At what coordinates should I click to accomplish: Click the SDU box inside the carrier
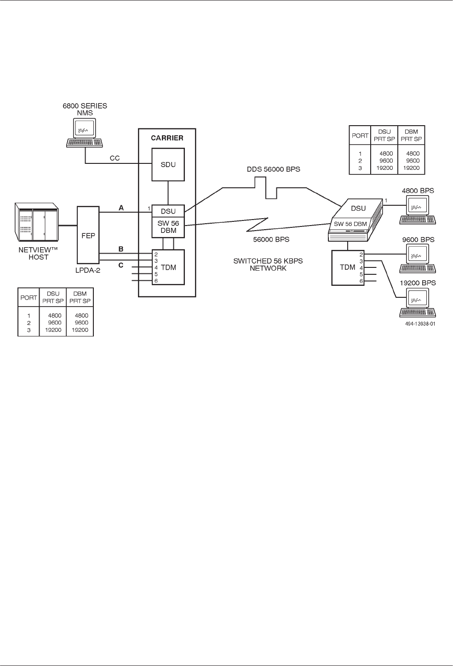click(x=168, y=164)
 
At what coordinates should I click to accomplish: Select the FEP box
click(x=88, y=236)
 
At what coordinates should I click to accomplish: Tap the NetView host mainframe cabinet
click(x=36, y=222)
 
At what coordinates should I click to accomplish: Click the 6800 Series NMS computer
click(x=85, y=133)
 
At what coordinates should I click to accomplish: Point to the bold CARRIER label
click(x=167, y=138)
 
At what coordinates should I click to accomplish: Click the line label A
click(x=121, y=208)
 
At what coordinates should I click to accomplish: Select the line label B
click(x=121, y=249)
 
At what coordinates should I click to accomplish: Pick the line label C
click(x=121, y=265)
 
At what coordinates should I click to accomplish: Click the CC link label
click(x=115, y=158)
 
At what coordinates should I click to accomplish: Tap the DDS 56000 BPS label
click(x=273, y=169)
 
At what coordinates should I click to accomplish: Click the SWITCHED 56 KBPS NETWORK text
click(x=268, y=264)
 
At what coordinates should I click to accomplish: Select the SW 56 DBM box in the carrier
click(x=168, y=227)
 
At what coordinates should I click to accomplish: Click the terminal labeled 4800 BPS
click(x=418, y=209)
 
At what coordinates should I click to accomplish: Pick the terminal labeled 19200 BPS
click(x=418, y=302)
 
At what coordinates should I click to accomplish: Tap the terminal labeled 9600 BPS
click(x=418, y=258)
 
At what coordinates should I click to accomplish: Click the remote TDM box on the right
click(x=348, y=267)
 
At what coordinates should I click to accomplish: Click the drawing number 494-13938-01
click(x=420, y=324)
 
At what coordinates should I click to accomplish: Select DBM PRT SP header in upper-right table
click(x=412, y=135)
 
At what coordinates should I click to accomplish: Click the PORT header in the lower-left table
click(x=29, y=297)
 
